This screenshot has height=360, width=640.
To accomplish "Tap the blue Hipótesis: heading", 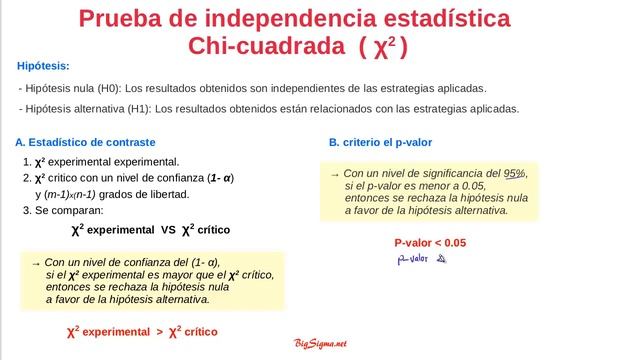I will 43,66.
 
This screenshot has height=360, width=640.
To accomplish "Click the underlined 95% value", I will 515,173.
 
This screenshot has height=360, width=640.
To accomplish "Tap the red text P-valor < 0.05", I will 430,243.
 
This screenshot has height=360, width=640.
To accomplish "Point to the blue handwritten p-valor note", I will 420,260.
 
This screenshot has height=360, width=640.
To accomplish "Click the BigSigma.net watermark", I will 320,344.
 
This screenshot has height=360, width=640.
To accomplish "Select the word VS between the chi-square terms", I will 167,230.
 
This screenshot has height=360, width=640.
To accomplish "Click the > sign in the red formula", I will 159,331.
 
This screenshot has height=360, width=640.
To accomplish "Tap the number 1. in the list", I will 27,162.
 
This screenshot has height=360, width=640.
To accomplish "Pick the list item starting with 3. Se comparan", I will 62,211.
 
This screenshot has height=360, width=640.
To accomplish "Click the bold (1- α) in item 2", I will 214,178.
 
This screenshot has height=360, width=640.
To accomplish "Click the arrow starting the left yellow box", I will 36,262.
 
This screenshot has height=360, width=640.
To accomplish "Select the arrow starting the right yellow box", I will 335,173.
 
